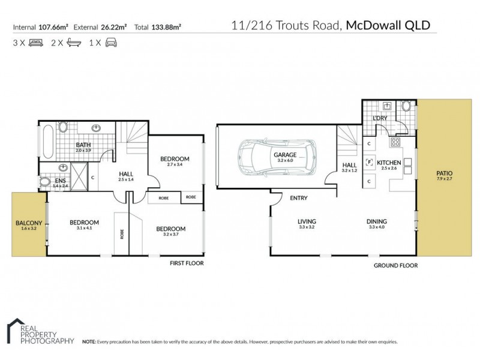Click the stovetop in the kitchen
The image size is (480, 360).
click(x=395, y=142)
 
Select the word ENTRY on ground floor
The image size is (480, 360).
click(x=299, y=197)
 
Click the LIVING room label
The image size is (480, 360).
click(x=307, y=221)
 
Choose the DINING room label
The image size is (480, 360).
click(x=377, y=221)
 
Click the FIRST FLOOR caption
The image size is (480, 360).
click(x=187, y=263)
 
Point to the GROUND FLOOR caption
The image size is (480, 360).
click(x=395, y=265)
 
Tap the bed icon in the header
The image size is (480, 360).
click(x=35, y=43)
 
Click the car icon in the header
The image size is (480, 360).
click(x=111, y=43)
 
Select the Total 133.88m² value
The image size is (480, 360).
click(x=158, y=26)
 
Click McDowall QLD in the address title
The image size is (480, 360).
click(x=388, y=26)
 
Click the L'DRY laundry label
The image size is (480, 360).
click(x=379, y=119)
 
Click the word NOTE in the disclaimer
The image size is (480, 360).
click(x=89, y=341)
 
